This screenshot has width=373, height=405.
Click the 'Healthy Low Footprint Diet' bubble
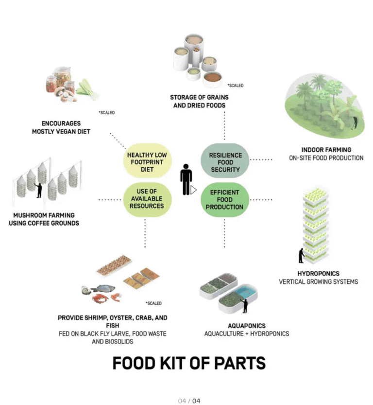click(x=147, y=160)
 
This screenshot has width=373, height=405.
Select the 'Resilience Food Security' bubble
click(x=225, y=160)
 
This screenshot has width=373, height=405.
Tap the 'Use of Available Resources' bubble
click(x=147, y=199)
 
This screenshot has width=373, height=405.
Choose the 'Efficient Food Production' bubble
click(x=225, y=199)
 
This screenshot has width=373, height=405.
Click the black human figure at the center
click(x=186, y=179)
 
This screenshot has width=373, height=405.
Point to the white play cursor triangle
click(x=193, y=190)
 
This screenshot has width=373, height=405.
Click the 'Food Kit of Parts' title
click(x=189, y=363)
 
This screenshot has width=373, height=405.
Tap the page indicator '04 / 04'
click(x=189, y=401)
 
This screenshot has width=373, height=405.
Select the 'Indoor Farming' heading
click(x=326, y=150)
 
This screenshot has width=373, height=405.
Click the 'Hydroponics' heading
click(x=318, y=274)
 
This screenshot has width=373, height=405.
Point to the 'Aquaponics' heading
click(x=247, y=326)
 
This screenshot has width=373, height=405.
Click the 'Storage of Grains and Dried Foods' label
click(x=199, y=101)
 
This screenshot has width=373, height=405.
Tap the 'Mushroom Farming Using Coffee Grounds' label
click(x=44, y=219)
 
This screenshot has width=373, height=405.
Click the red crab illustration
click(x=100, y=299)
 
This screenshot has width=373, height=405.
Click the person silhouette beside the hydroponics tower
click(x=301, y=255)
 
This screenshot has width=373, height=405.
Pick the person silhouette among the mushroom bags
click(x=39, y=191)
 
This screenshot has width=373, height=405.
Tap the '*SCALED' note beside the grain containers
click(x=235, y=85)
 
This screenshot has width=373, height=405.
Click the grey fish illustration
click(x=103, y=288)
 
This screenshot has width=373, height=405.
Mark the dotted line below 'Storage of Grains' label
click(x=224, y=126)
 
